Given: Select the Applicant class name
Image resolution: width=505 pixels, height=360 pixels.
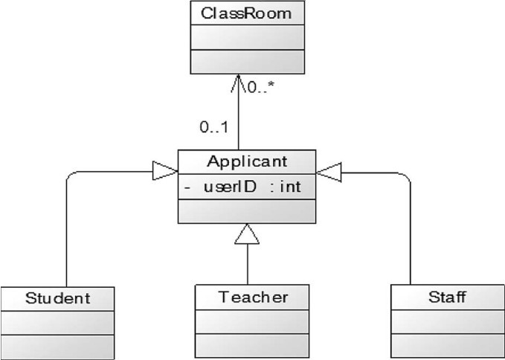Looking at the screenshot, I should coord(246,161).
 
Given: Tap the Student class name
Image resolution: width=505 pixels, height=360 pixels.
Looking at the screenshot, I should coord(58,299).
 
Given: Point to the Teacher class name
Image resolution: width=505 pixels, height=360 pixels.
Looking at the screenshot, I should coord(253,298).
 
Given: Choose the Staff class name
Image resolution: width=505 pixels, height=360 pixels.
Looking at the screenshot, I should coord(447,298).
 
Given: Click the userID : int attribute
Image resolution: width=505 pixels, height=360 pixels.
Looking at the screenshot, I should coord(252,187).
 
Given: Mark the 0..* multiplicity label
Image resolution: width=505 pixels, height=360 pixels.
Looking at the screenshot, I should coord(260,88).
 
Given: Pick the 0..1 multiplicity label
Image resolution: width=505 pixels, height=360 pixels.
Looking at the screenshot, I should coord(213,128).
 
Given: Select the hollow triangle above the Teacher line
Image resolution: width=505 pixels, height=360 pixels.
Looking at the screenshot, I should coord(246,235).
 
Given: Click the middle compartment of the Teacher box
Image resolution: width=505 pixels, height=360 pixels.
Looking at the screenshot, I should coord(253,322).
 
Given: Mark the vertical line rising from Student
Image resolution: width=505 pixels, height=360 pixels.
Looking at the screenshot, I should coord(67,231).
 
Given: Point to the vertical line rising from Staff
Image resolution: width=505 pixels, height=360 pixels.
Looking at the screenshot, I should coord(411,231).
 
